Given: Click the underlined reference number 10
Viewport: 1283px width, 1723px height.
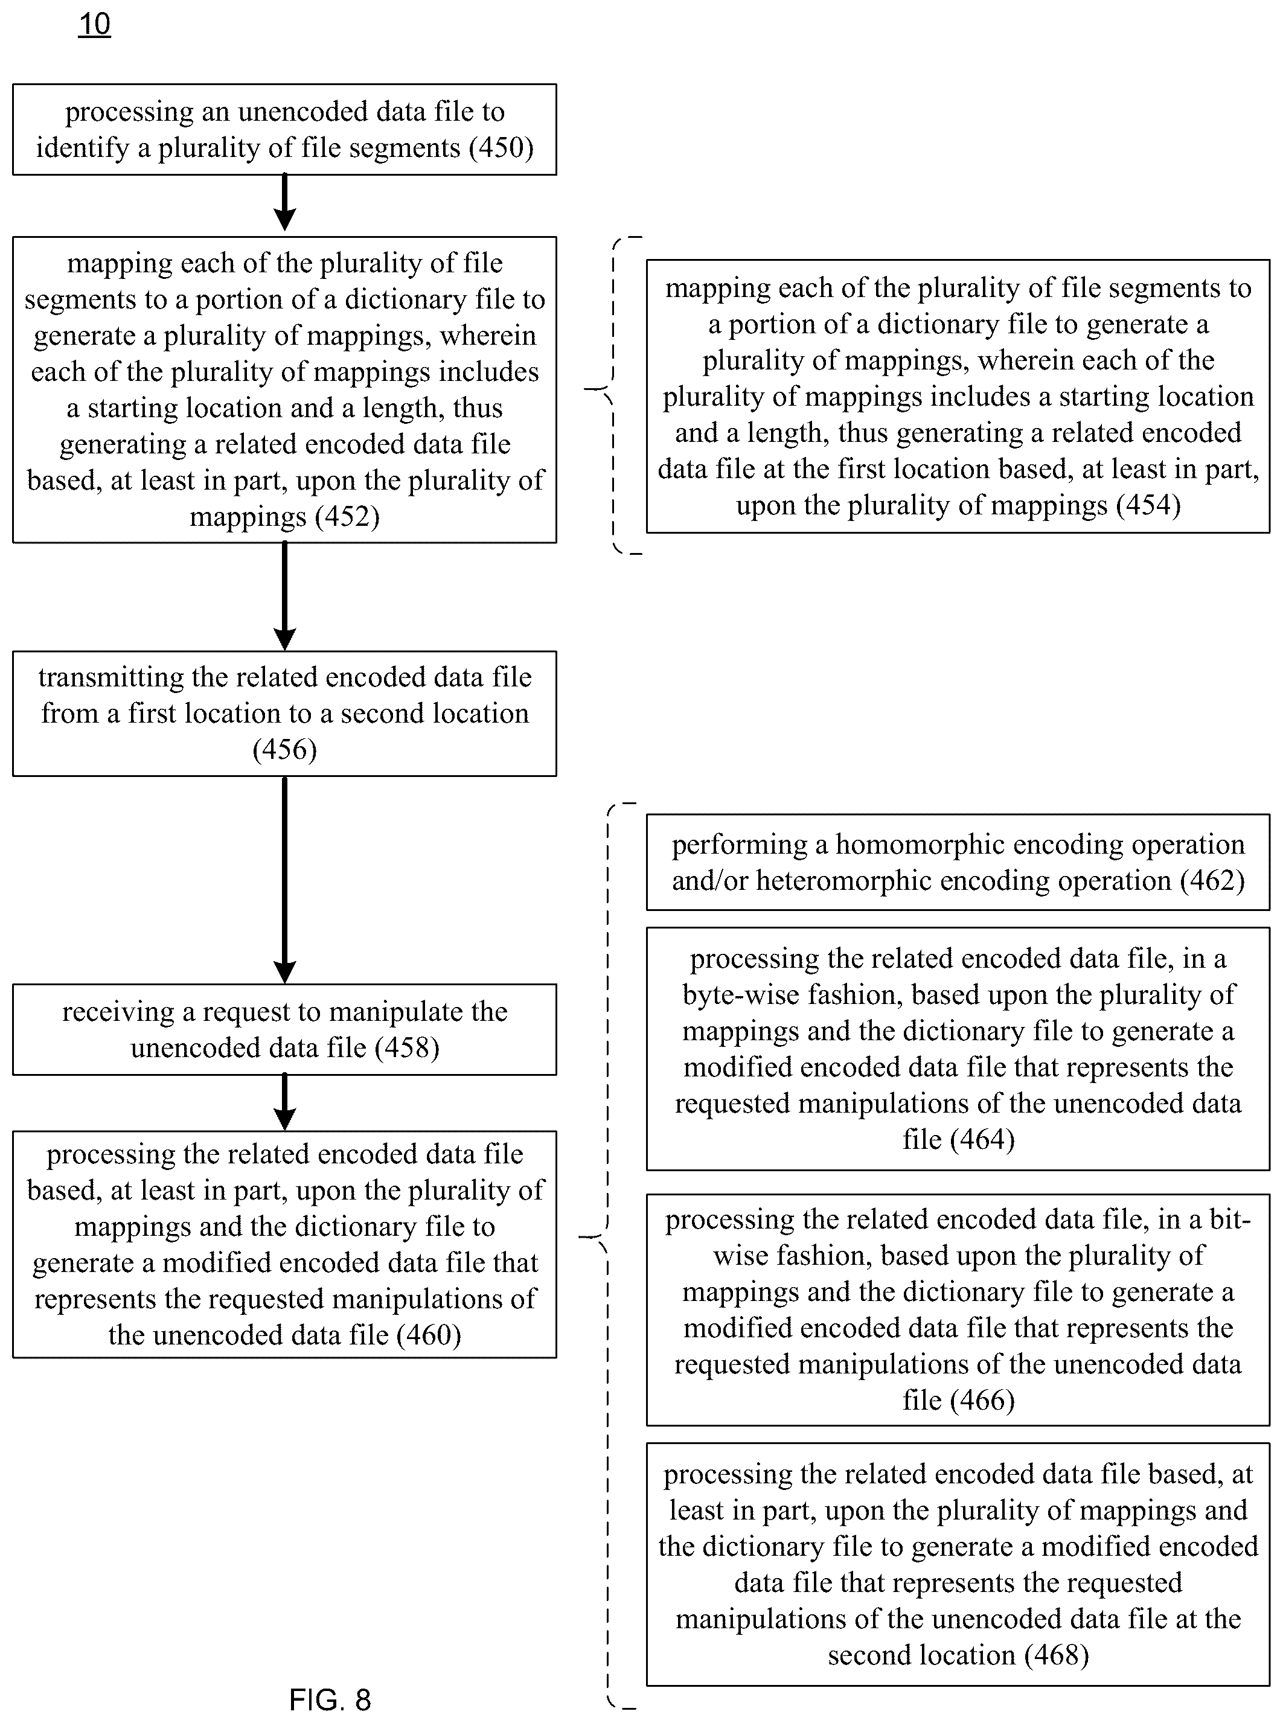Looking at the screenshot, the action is click(x=95, y=25).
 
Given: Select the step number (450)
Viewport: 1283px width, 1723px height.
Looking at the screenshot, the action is click(x=502, y=147).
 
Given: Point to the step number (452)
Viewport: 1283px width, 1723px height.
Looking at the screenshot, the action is click(x=344, y=516).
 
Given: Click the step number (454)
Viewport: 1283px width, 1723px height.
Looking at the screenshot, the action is click(x=1148, y=505).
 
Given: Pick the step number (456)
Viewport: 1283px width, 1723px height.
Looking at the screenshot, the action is click(x=285, y=749).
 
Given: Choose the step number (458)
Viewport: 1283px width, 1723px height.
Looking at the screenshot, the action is click(x=407, y=1047).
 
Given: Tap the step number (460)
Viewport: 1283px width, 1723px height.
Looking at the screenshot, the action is click(x=429, y=1335).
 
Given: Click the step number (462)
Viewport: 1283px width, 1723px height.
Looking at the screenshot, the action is click(x=1212, y=881).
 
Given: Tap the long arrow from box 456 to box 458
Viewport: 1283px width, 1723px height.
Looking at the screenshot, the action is click(x=285, y=880).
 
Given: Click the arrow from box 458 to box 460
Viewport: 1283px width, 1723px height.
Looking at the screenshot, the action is click(x=285, y=1102).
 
